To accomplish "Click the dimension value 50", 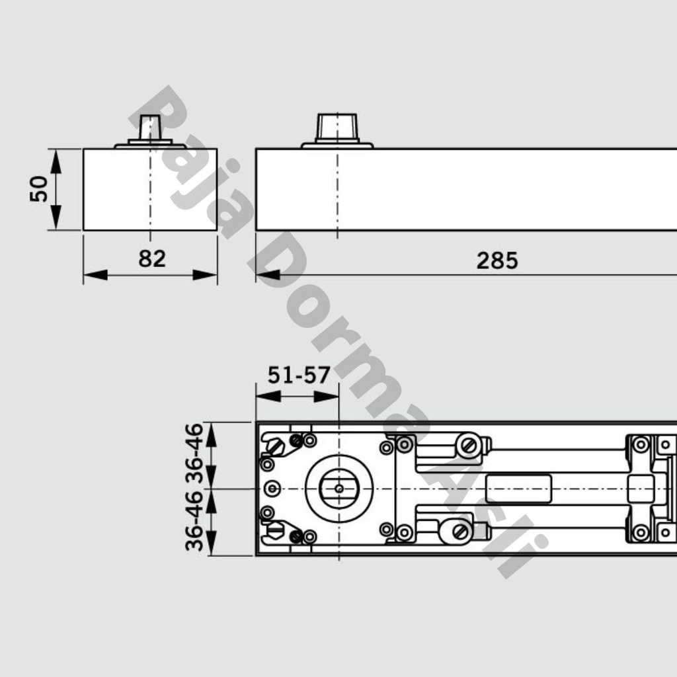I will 39,189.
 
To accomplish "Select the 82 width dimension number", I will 152,259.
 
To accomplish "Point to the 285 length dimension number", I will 497,261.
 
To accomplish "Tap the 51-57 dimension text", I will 298,376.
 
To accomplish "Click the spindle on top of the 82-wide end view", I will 150,128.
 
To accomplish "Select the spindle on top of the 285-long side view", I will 337,128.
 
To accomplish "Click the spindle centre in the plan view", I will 338,489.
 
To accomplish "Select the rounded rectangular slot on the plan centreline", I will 518,489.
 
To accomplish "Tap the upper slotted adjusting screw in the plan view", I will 469,446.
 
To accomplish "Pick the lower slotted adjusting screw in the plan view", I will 461,531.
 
